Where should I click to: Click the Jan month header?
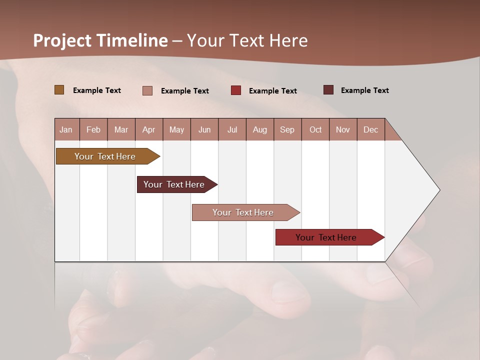click(66, 129)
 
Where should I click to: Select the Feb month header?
click(93, 129)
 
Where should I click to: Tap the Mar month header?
click(121, 129)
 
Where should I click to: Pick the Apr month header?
click(148, 129)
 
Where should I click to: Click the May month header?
click(176, 129)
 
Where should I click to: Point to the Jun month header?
click(204, 129)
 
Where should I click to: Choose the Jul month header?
click(232, 129)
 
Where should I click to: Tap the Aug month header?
click(260, 129)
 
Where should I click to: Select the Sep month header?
click(287, 129)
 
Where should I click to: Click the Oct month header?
click(315, 129)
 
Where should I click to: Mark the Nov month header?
click(343, 129)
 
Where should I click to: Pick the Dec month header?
click(370, 129)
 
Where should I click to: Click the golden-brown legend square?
click(59, 90)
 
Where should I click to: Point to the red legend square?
click(236, 90)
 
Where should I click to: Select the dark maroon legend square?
click(328, 90)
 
